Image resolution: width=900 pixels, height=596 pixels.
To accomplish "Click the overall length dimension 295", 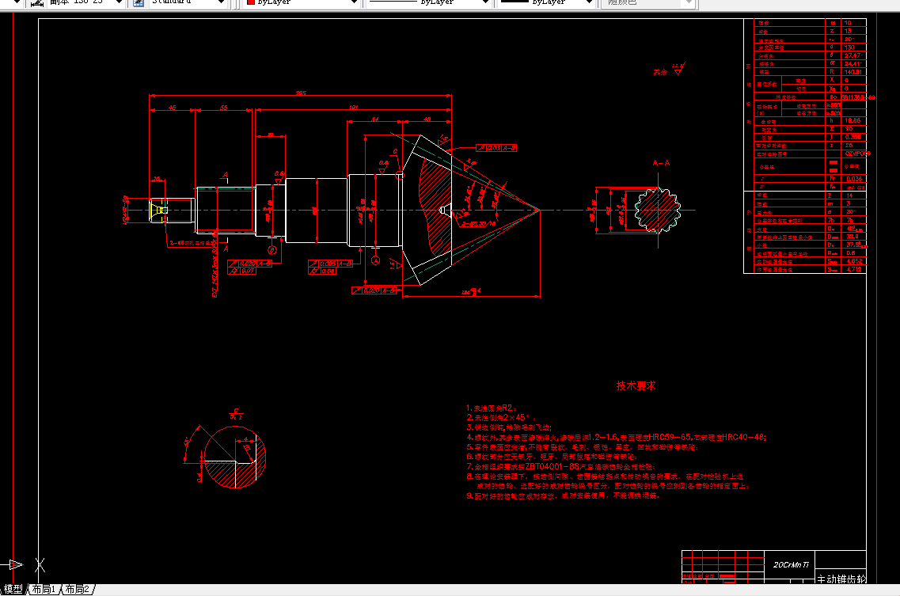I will click(301, 93).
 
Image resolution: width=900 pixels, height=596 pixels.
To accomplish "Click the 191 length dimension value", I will click(353, 107).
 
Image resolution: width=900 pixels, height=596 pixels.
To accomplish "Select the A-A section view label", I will click(661, 164).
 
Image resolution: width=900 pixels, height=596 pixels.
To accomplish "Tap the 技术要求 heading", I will click(636, 386).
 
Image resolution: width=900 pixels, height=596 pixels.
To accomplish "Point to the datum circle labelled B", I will click(272, 250).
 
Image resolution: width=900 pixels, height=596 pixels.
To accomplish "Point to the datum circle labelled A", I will click(376, 260).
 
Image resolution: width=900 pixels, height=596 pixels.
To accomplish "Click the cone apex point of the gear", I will click(539, 210).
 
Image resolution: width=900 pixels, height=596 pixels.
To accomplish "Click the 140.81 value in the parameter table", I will click(852, 71).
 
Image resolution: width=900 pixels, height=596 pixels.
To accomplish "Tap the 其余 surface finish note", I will click(660, 72).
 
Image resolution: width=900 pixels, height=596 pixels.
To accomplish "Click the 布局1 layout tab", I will click(44, 590).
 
